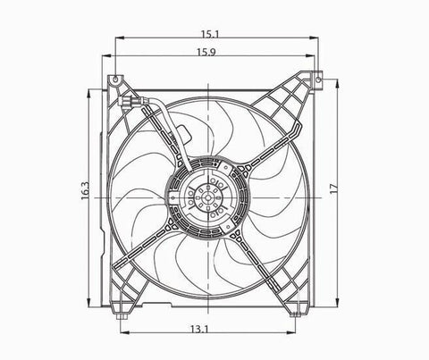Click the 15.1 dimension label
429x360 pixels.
pyautogui.click(x=210, y=34)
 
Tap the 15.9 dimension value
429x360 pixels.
pyautogui.click(x=206, y=53)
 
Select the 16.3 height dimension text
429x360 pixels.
pyautogui.click(x=85, y=190)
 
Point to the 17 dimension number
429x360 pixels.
pyautogui.click(x=334, y=188)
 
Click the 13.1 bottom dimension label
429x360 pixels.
pyautogui.click(x=199, y=329)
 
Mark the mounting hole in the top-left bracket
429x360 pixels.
pyautogui.click(x=115, y=79)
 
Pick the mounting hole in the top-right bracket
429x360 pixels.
pyautogui.click(x=318, y=80)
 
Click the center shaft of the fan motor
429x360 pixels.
pyautogui.click(x=207, y=197)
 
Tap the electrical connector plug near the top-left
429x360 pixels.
pyautogui.click(x=128, y=102)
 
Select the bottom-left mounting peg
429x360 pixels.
pyautogui.click(x=121, y=316)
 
